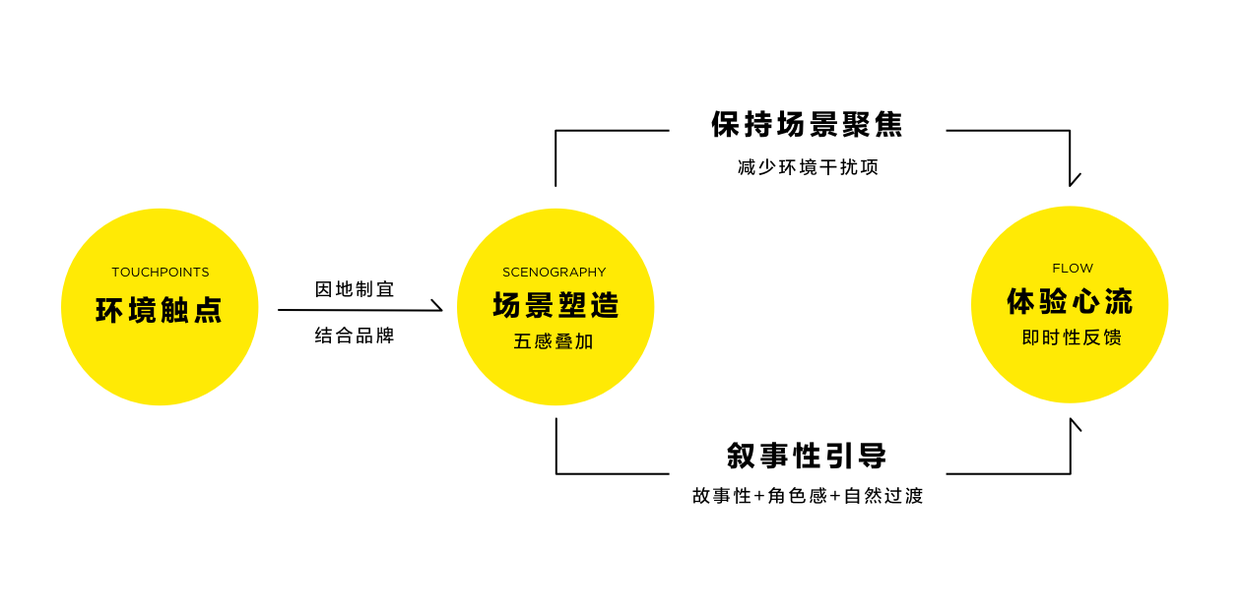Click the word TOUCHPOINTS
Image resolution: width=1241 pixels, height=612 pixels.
click(161, 273)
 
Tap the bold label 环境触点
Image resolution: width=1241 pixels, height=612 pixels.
click(160, 310)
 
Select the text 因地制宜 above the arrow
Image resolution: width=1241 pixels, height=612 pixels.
click(355, 289)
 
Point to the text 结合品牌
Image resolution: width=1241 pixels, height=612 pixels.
click(355, 336)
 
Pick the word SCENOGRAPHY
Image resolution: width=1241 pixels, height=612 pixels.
click(555, 273)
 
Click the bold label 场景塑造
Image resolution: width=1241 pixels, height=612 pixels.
click(555, 306)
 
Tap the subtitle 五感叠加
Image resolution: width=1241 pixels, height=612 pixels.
click(554, 342)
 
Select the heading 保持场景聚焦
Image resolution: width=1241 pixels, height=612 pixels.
click(807, 125)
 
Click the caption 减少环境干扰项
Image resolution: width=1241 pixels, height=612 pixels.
click(808, 167)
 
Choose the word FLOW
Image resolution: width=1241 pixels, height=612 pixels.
click(1073, 269)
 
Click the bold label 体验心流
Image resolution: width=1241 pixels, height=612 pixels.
click(1070, 302)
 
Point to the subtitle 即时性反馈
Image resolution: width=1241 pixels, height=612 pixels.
click(1072, 337)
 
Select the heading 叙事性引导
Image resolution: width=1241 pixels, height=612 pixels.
click(807, 456)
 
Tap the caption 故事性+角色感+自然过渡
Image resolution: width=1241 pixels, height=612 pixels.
click(808, 496)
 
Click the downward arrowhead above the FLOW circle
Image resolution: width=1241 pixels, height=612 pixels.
click(1071, 181)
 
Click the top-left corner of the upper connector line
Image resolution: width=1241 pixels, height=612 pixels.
click(556, 131)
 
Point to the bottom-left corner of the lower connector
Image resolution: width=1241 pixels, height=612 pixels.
click(556, 473)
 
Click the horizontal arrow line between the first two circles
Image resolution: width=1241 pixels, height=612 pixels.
click(355, 310)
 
